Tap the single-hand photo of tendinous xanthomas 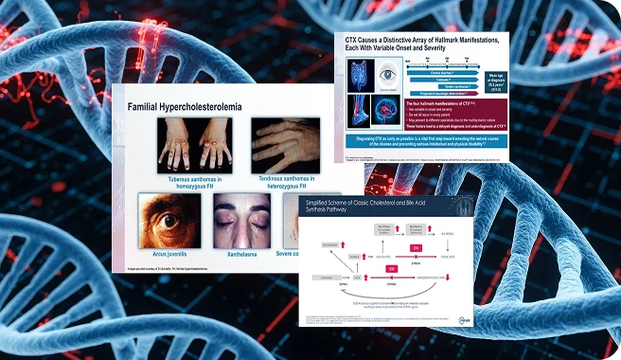(x=283, y=144)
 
